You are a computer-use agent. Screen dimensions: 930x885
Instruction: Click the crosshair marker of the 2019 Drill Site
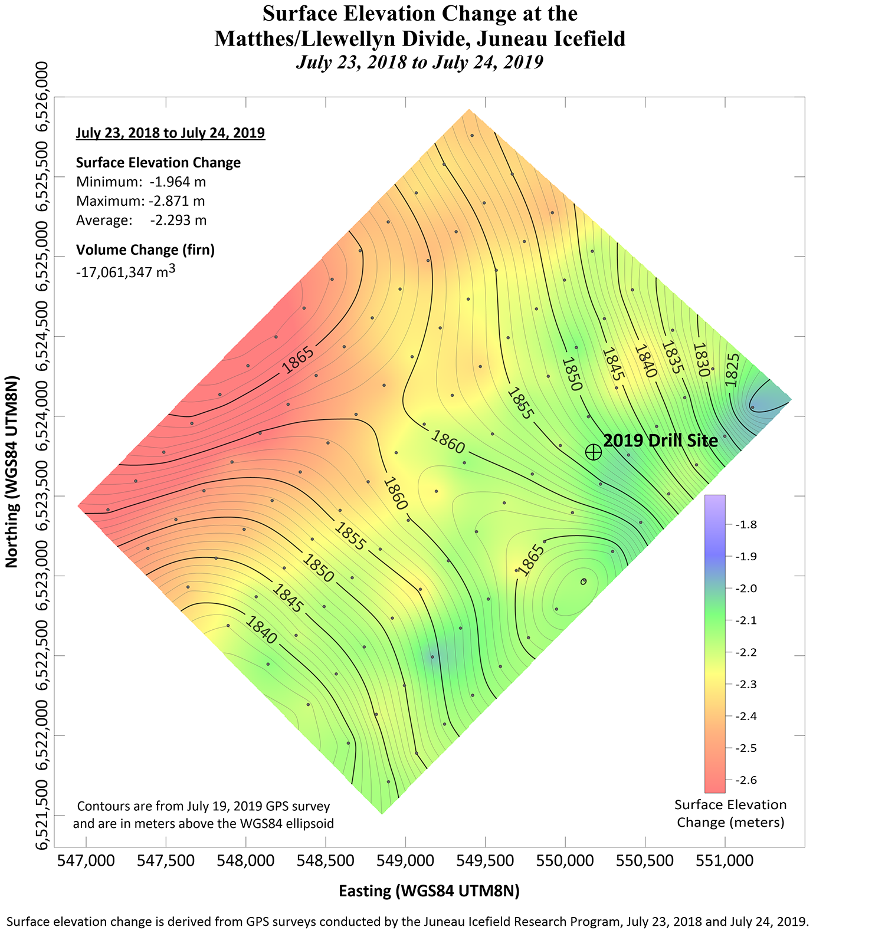[x=593, y=452]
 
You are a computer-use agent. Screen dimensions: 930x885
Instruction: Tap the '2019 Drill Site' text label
[x=660, y=441]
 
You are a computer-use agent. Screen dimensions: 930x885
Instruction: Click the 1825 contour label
[x=732, y=370]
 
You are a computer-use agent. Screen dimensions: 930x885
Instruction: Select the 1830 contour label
[x=700, y=360]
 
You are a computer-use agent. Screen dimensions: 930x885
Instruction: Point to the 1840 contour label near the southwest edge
[x=260, y=630]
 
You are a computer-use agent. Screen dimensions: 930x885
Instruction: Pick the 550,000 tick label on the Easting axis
[x=565, y=860]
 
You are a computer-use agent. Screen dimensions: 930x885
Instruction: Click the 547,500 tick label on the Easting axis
[x=166, y=860]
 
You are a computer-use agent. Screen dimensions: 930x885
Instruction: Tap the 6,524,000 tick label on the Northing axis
[x=43, y=416]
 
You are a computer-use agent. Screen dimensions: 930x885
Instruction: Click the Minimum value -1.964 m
[x=178, y=182]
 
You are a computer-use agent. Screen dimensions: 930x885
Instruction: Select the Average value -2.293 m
[x=178, y=221]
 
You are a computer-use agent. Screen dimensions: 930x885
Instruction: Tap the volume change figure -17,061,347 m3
[x=126, y=272]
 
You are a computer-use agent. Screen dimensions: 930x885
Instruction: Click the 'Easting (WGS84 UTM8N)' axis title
[x=429, y=891]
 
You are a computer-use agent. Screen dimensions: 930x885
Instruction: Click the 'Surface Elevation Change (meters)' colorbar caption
[x=730, y=813]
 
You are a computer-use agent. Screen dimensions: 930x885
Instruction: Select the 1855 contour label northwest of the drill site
[x=520, y=403]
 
